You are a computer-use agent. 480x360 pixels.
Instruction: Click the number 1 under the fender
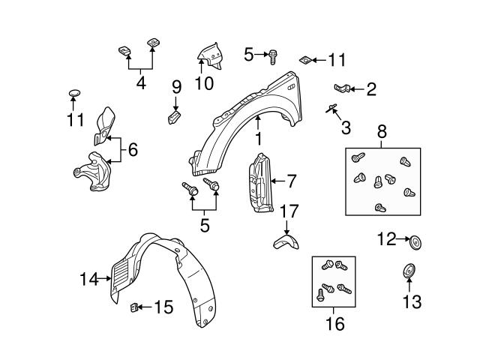(257, 139)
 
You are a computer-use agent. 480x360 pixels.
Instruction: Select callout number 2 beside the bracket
(371, 90)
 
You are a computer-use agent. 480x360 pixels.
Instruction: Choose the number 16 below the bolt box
(334, 324)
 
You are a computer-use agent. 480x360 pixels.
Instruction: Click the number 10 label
(203, 82)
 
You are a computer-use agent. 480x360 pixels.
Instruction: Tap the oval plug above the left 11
(73, 93)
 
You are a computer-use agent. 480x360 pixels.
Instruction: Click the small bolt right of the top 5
(274, 54)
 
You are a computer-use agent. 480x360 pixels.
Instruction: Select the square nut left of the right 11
(305, 58)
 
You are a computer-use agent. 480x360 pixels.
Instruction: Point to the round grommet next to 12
(416, 241)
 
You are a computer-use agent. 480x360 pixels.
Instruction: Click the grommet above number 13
(409, 270)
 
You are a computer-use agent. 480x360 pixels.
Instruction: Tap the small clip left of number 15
(136, 306)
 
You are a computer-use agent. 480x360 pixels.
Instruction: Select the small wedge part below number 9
(174, 117)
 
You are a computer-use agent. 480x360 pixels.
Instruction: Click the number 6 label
(133, 150)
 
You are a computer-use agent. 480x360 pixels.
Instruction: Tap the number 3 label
(346, 127)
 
